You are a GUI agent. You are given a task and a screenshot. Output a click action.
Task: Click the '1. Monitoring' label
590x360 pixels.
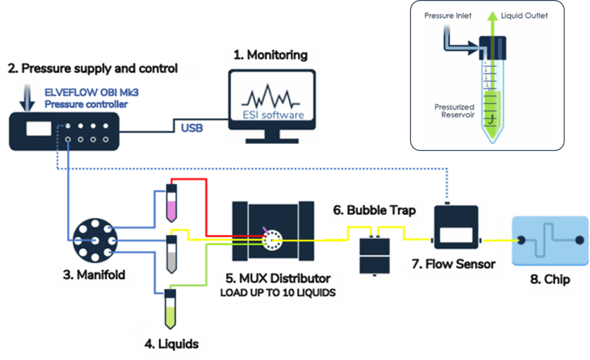(x=270, y=56)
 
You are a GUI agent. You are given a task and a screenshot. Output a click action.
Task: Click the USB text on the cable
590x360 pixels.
(x=191, y=128)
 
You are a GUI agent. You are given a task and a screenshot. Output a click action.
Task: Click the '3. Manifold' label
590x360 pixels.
(x=93, y=275)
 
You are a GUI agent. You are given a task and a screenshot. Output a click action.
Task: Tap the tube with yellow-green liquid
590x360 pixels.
(x=169, y=309)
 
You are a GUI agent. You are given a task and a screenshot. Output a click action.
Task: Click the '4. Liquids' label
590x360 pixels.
(x=171, y=344)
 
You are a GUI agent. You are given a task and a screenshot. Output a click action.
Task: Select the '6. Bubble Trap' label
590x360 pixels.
(x=374, y=210)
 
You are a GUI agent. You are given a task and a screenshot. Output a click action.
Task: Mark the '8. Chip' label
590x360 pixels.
(x=550, y=280)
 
